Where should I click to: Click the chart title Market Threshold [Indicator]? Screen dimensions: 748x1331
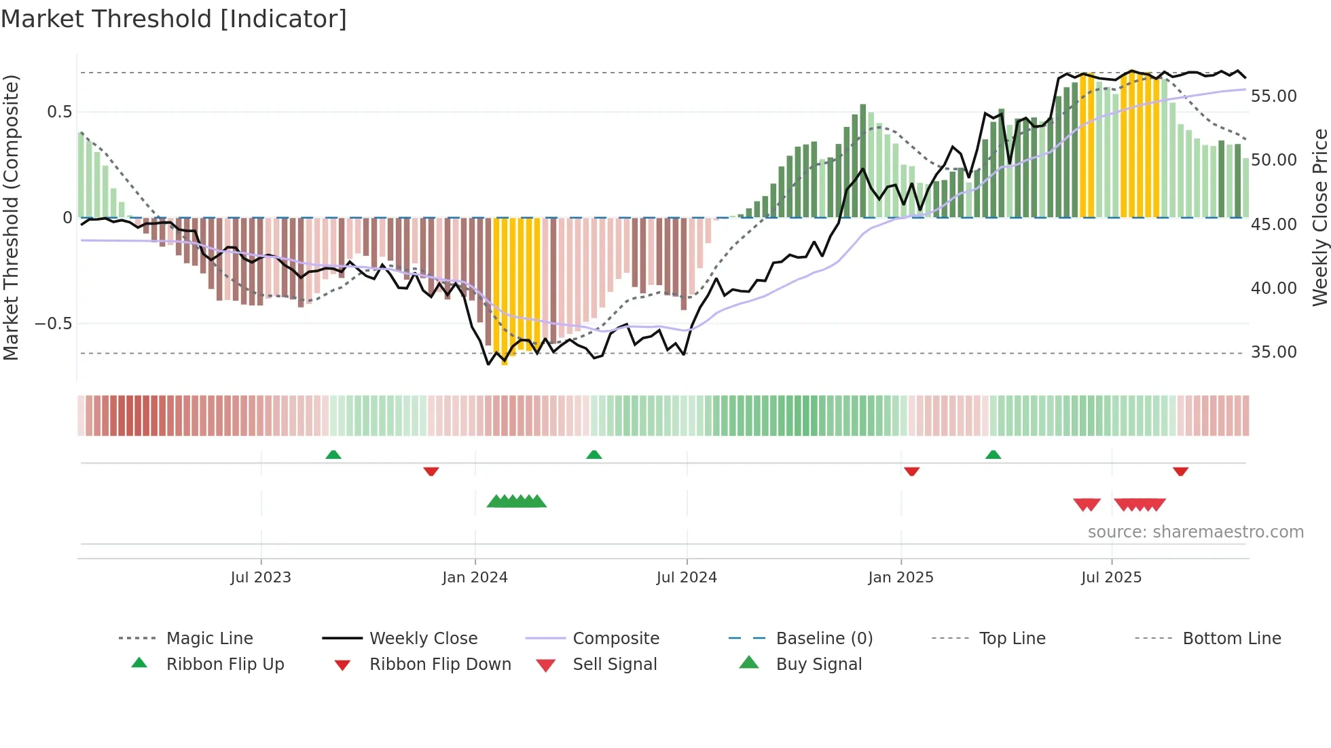[x=174, y=19]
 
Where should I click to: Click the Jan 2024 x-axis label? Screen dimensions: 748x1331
[x=475, y=577]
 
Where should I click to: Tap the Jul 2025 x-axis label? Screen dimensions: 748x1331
[x=1111, y=577]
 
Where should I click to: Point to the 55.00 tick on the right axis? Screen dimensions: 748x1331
[x=1273, y=96]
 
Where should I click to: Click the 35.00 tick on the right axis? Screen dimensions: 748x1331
[x=1273, y=352]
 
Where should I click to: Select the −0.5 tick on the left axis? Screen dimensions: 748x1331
[x=54, y=324]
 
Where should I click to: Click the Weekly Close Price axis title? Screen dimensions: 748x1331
[x=1319, y=217]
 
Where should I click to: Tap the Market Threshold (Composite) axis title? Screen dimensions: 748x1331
[x=11, y=217]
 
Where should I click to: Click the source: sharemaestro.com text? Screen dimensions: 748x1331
[x=1195, y=531]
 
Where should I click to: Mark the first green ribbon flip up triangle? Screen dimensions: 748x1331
[x=333, y=455]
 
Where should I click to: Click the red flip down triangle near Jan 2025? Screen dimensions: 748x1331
[x=911, y=471]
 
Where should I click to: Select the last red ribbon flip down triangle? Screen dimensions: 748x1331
[x=1180, y=471]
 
